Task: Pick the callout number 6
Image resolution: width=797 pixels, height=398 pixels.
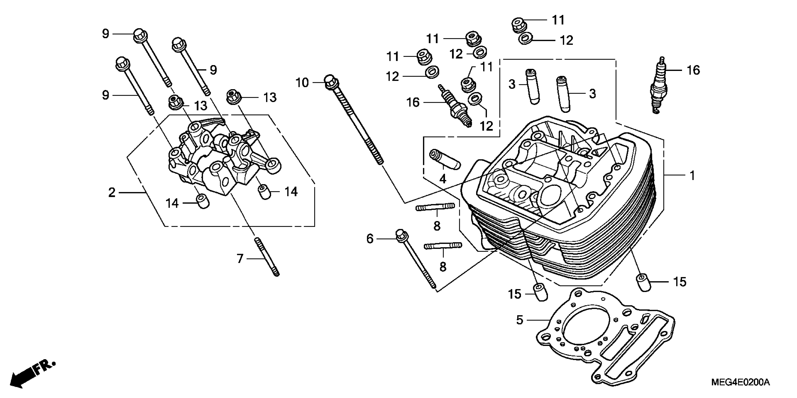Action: (370, 239)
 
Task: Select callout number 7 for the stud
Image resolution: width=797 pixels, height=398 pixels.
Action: (240, 258)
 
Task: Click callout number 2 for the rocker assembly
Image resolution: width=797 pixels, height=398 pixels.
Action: (112, 193)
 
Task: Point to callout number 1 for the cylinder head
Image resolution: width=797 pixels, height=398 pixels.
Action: (692, 176)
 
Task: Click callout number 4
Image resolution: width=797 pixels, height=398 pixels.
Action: (443, 179)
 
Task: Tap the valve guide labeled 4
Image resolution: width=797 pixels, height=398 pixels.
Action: (445, 159)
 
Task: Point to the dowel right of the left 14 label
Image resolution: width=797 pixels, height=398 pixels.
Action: (203, 201)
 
